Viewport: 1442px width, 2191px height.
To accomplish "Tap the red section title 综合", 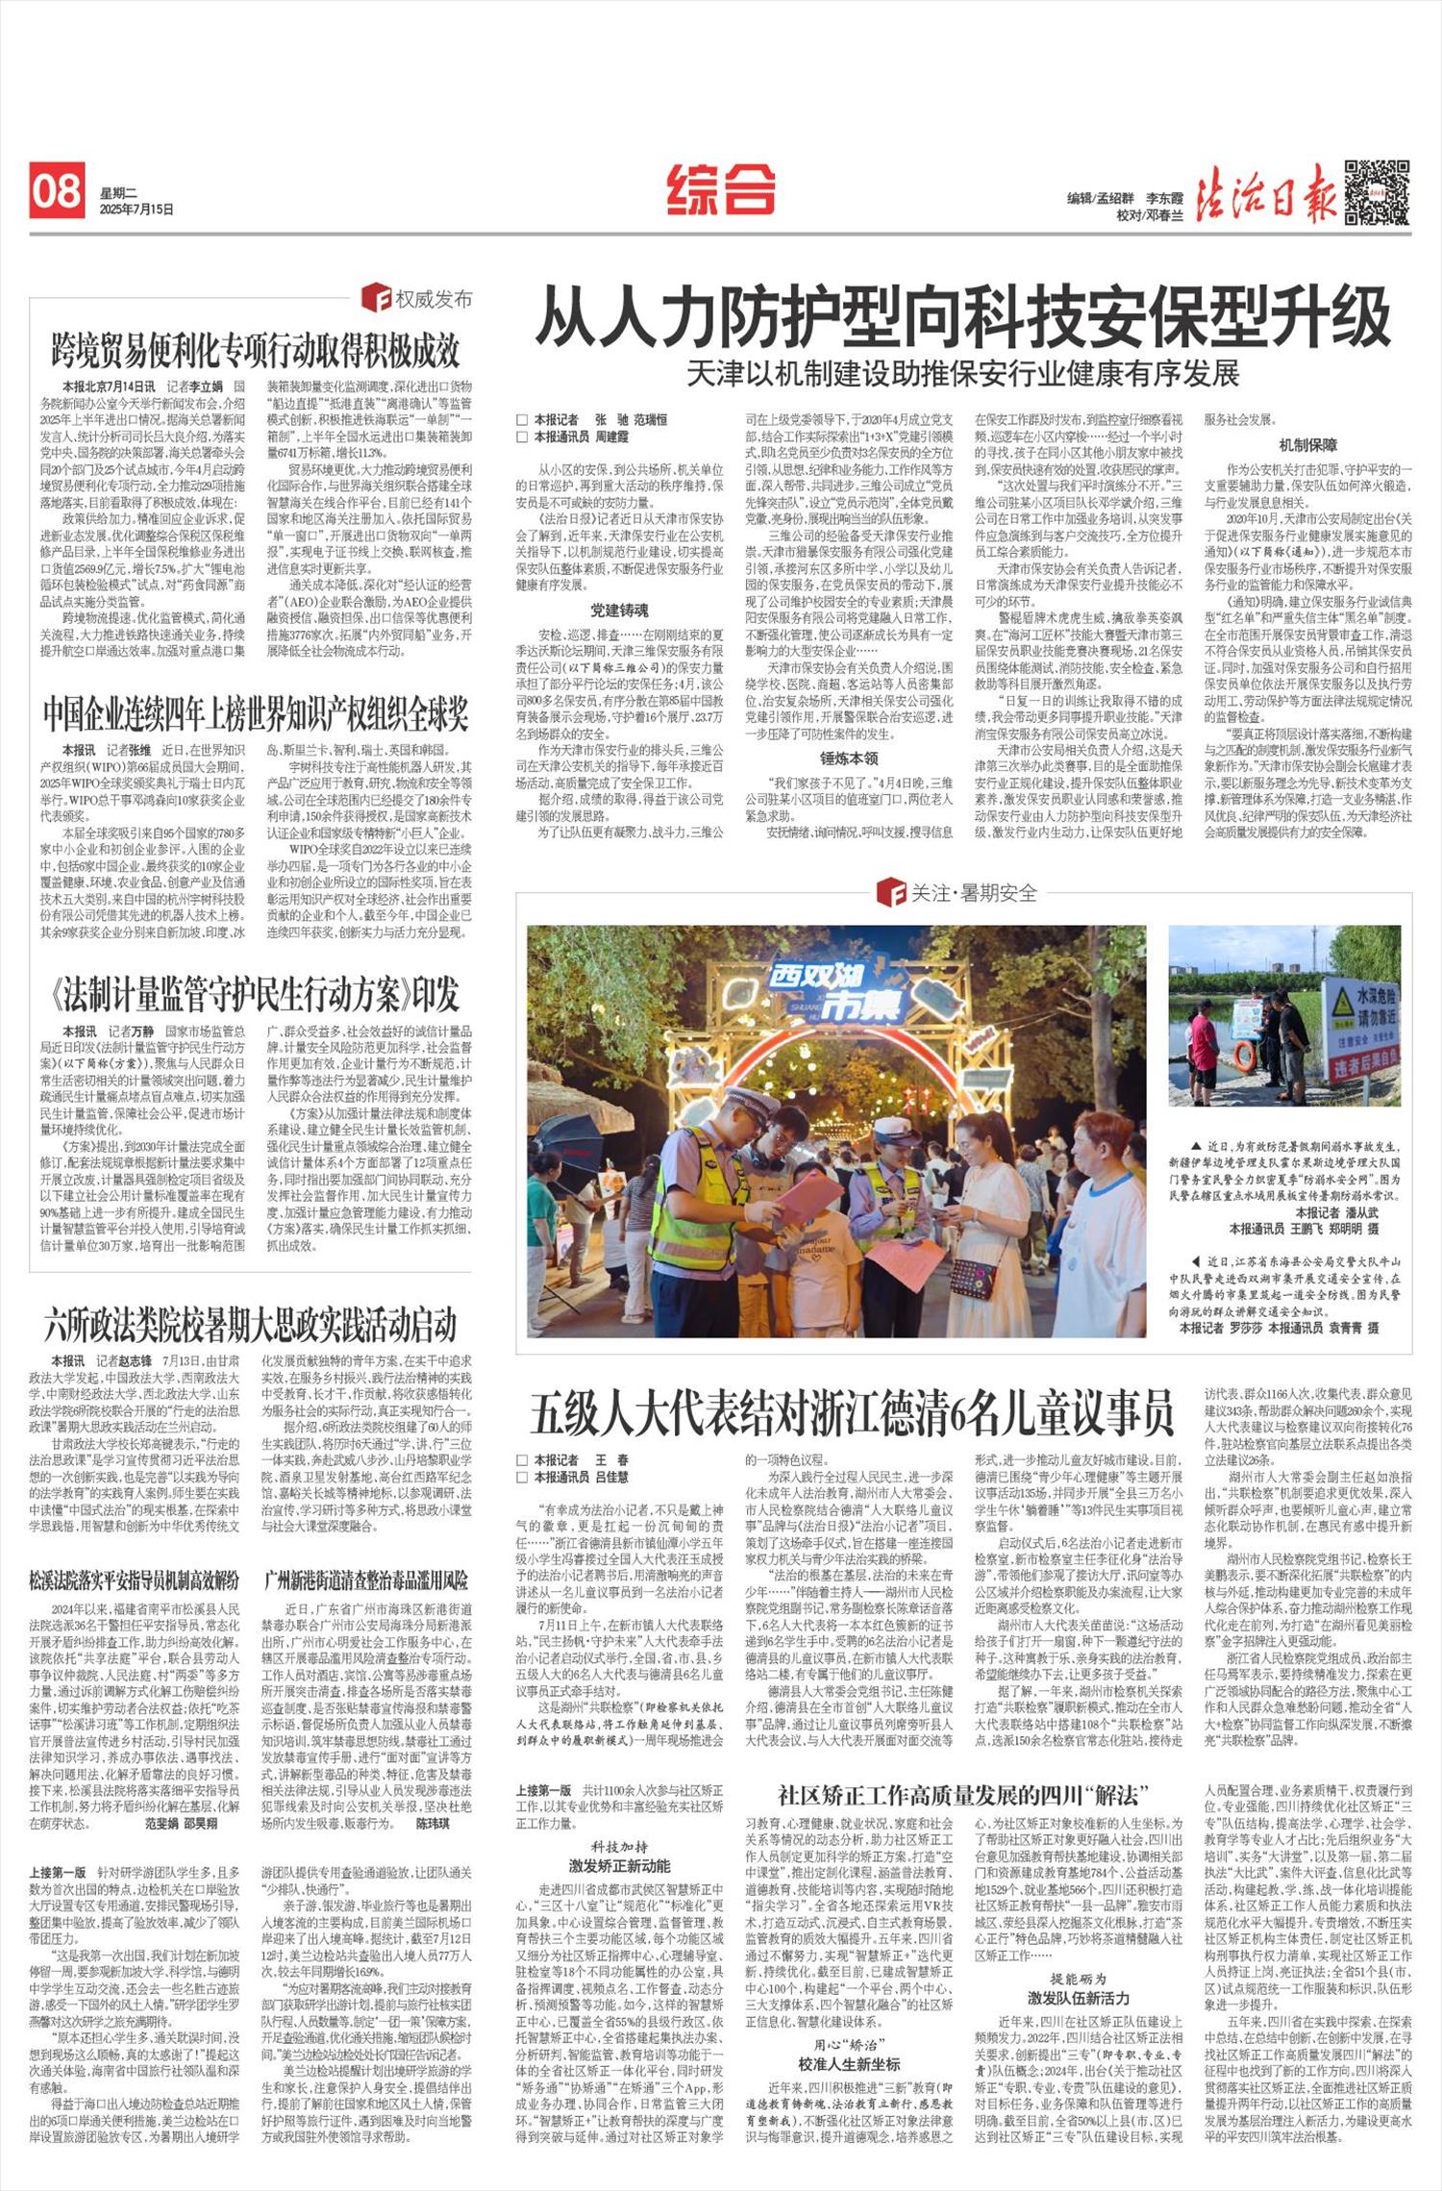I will (721, 189).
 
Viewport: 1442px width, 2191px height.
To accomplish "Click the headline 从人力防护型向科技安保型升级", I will (962, 317).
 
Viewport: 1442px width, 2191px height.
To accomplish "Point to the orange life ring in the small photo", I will (1245, 1057).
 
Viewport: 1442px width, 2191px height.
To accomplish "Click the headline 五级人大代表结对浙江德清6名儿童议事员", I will (851, 1414).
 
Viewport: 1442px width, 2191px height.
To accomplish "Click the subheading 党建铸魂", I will (619, 610).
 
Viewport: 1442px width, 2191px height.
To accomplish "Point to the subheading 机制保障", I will (1307, 445).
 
